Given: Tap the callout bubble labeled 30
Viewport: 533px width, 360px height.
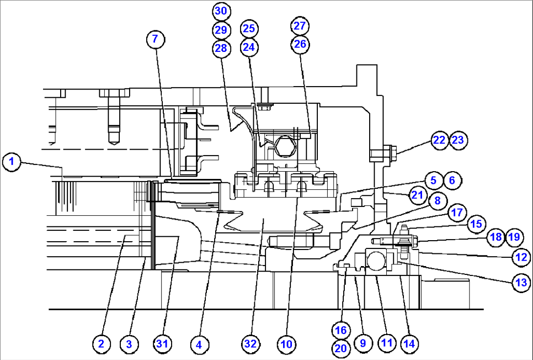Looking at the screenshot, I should (x=222, y=11).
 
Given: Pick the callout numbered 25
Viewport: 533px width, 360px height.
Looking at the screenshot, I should (x=249, y=29).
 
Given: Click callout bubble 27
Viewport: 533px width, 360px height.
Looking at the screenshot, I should (x=300, y=25).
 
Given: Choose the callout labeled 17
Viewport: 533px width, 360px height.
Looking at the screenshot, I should (x=456, y=213).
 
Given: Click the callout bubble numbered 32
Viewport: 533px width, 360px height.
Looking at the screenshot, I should (x=250, y=344).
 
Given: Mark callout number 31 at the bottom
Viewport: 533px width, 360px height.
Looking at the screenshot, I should (x=162, y=344).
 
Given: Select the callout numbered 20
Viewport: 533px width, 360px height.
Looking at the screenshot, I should (x=341, y=348).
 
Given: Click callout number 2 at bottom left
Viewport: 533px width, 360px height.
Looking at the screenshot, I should (x=101, y=344).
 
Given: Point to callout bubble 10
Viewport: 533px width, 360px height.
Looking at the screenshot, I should (x=286, y=344).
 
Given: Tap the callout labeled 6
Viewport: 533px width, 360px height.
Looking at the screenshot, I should (x=452, y=180).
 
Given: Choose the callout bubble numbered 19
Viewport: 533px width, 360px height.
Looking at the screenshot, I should (x=513, y=237).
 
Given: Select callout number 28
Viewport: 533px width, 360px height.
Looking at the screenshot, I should (x=221, y=48).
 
